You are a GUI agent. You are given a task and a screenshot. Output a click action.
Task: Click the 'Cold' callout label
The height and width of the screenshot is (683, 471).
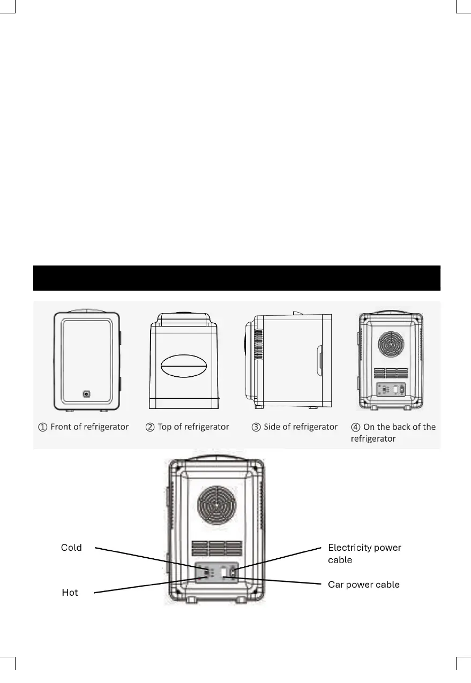pyautogui.click(x=71, y=548)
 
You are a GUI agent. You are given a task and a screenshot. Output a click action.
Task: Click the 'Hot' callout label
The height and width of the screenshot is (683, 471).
pyautogui.click(x=70, y=593)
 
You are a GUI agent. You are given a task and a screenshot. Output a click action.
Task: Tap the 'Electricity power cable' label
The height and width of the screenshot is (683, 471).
pyautogui.click(x=364, y=553)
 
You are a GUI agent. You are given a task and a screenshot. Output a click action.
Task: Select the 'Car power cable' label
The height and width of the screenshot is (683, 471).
pyautogui.click(x=363, y=585)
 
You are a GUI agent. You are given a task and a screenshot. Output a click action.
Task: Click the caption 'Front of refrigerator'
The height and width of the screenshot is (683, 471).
pyautogui.click(x=89, y=427)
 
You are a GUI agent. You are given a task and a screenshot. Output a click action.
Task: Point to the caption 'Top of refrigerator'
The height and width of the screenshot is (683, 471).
pyautogui.click(x=193, y=427)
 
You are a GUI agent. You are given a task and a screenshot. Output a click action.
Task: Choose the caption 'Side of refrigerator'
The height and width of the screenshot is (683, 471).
pyautogui.click(x=301, y=427)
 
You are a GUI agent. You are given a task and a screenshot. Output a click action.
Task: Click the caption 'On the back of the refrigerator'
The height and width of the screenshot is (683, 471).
pyautogui.click(x=399, y=432)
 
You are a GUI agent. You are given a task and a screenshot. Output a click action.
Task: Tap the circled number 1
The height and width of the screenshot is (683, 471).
pyautogui.click(x=42, y=427)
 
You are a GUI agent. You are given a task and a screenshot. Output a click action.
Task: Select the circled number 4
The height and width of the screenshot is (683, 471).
pyautogui.click(x=355, y=427)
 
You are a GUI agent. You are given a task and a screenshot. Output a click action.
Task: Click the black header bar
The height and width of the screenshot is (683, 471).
pyautogui.click(x=236, y=278)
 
